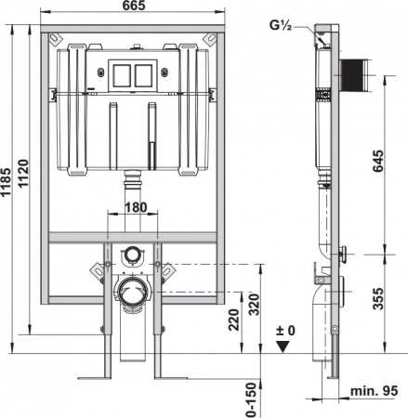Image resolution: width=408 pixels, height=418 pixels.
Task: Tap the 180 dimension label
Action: [x=135, y=207]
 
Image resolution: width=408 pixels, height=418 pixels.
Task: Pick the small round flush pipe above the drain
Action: [x=133, y=254]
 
